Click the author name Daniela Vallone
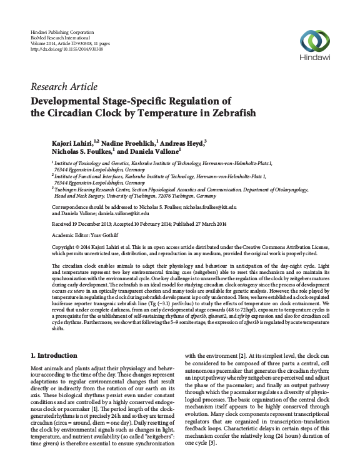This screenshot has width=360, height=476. [x=152, y=153]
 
